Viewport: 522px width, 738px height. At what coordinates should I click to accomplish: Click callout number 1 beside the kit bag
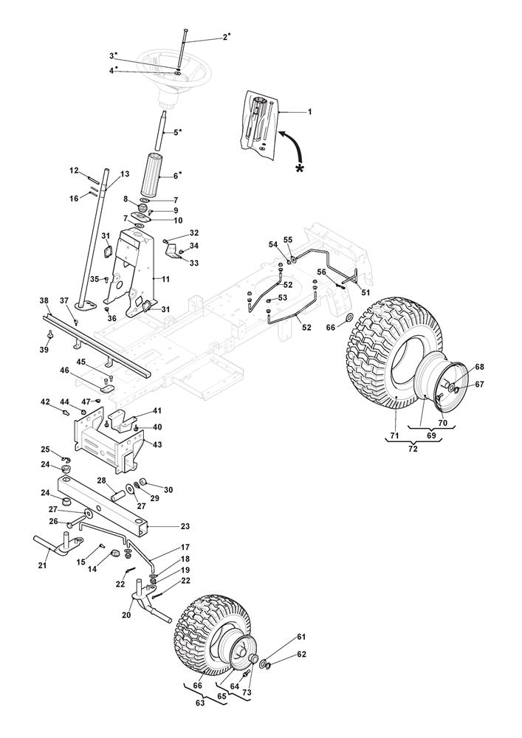click(309, 111)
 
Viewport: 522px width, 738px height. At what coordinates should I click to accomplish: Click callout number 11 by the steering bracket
click(165, 280)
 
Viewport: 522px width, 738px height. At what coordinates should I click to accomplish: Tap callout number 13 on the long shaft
click(125, 174)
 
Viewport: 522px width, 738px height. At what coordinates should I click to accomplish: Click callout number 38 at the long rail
click(44, 301)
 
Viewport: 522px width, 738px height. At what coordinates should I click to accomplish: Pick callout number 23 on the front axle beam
click(185, 526)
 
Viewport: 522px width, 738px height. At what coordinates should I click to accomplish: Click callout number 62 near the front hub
click(280, 655)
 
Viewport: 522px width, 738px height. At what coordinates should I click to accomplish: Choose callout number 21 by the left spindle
click(41, 565)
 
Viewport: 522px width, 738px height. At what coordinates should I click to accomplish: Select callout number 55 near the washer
click(288, 240)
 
